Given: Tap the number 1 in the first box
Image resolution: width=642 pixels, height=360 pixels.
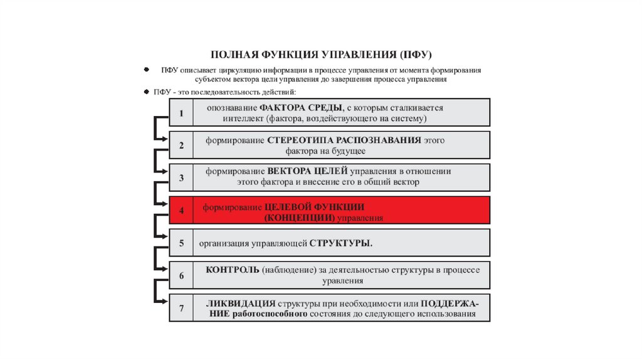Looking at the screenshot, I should pos(181,114).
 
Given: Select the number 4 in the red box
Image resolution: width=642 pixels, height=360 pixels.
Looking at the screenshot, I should pos(181,211).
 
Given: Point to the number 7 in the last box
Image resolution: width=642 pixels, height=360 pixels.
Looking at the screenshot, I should pos(181,309).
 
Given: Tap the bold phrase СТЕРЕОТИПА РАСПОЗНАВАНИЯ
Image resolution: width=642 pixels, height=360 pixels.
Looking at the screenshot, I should pos(344,140).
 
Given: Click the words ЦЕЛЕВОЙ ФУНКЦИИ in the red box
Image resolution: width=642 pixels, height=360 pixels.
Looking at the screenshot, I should pos(314,206).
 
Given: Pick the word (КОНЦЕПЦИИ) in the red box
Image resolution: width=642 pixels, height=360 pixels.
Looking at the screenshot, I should pos(300,217).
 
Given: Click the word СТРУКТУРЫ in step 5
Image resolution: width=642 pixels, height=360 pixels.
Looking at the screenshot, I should pos(340,243).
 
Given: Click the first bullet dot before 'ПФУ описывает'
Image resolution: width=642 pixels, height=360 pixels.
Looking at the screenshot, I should pos(146,70).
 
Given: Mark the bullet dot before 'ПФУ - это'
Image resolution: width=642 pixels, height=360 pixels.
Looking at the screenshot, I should pos(146,92).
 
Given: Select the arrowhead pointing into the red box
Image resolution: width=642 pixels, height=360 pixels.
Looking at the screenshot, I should pos(166,202).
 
